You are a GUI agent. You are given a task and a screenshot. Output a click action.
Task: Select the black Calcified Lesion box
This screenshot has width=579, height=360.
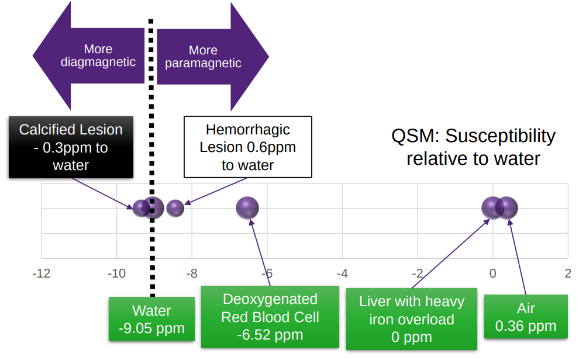pos(71,147)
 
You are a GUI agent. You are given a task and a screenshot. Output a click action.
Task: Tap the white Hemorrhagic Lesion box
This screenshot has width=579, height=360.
pos(247,147)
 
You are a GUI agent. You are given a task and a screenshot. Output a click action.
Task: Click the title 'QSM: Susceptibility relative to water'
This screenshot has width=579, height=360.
pos(473,147)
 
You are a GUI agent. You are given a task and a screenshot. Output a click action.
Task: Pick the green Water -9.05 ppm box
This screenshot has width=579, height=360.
pos(151,319)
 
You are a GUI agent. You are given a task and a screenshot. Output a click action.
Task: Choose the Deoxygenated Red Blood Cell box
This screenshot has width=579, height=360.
pos(270,317)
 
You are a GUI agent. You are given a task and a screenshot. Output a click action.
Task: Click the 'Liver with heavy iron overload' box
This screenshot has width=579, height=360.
pos(411,319)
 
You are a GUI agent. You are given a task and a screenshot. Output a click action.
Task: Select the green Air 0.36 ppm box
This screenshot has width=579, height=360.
pos(525,317)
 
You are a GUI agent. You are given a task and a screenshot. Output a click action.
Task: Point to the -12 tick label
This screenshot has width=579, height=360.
pos(41,274)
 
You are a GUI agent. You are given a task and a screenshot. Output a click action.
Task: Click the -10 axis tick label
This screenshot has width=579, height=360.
pos(116,274)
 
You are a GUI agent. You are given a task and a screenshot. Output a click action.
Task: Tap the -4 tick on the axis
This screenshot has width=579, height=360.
pos(342,274)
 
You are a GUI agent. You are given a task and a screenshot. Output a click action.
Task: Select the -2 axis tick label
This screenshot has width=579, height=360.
pos(416,274)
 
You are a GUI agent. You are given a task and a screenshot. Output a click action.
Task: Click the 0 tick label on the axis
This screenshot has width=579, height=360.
pos(492,274)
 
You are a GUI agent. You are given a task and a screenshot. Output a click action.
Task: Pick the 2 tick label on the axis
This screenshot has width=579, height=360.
pos(567,274)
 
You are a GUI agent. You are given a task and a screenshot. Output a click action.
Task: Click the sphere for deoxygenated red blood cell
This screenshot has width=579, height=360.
pos(247,207)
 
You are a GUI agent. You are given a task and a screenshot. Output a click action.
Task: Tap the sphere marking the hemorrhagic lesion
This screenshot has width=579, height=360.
pos(175,208)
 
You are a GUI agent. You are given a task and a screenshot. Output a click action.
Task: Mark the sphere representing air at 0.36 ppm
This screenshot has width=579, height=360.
pos(508,207)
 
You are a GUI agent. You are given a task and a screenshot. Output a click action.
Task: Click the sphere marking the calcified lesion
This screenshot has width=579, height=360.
pos(140,208)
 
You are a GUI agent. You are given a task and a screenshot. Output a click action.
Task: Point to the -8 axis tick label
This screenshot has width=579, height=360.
pos(191,274)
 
